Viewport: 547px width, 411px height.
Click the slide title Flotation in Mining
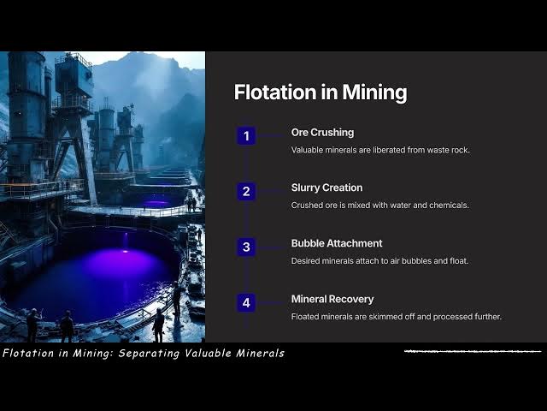[320, 92]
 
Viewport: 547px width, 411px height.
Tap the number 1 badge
[246, 136]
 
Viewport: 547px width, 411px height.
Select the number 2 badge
[246, 191]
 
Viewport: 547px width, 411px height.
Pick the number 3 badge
[246, 247]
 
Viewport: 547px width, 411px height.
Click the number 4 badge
[246, 302]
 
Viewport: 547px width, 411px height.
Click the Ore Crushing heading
[322, 133]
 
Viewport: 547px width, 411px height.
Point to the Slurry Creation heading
[326, 188]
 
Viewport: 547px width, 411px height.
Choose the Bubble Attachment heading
[337, 243]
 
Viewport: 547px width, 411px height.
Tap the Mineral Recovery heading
[332, 300]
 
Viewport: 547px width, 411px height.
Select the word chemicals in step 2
[439, 205]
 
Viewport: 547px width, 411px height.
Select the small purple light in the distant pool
[156, 203]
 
